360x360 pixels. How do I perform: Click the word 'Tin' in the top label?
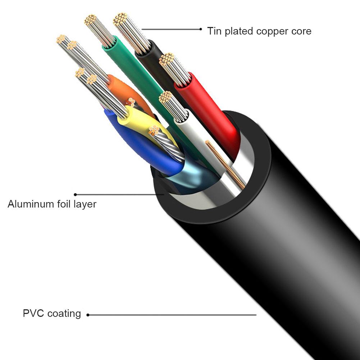coord(215,31)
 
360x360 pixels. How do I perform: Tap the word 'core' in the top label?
coord(301,31)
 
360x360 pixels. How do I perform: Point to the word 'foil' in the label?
coord(64,204)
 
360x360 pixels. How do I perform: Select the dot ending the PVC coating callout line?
coord(88,315)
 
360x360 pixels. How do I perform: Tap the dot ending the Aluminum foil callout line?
coord(75,194)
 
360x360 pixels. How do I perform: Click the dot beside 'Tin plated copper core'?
coord(200,29)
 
